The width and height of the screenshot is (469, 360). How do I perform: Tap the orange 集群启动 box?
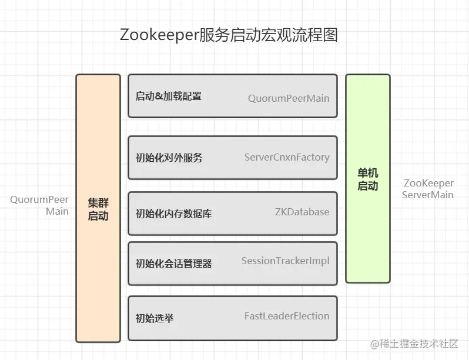[98, 208]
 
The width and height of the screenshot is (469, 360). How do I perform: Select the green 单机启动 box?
[368, 179]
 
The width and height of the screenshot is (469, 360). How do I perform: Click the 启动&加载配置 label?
[168, 96]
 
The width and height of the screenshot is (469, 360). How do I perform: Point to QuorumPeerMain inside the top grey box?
[289, 98]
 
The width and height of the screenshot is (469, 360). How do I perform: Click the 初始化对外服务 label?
[169, 158]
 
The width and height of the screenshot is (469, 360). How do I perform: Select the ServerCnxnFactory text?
[287, 157]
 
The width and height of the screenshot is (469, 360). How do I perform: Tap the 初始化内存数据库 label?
[173, 213]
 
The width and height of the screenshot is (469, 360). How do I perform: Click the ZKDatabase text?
[302, 212]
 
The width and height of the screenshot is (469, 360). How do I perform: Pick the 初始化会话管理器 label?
[173, 264]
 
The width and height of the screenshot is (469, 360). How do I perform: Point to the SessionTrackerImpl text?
[286, 261]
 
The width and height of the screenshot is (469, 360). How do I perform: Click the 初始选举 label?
[154, 319]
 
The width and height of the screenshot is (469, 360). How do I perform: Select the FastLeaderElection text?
[287, 316]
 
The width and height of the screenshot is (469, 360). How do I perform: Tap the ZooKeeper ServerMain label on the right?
[428, 189]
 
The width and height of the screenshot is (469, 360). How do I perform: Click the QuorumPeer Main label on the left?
[39, 205]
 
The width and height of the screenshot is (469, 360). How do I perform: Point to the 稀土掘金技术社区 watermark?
[418, 345]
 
